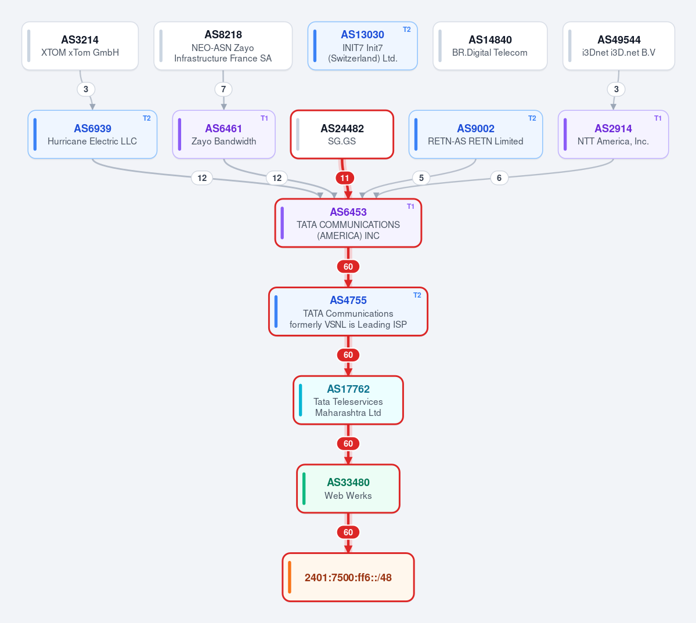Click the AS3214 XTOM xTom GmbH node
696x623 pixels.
click(80, 46)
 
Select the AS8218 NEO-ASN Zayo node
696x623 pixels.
click(223, 46)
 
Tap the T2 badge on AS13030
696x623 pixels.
click(406, 30)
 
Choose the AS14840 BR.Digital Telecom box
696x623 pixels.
click(490, 46)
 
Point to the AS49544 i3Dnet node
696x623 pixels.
click(619, 46)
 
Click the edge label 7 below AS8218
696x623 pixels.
click(223, 89)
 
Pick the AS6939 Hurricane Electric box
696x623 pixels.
click(92, 135)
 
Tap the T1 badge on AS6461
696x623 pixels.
click(264, 118)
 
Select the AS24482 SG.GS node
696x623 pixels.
click(342, 135)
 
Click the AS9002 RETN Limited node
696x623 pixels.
click(475, 135)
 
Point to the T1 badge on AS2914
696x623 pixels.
click(658, 118)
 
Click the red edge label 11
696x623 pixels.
click(345, 178)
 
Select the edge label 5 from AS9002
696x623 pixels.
click(421, 178)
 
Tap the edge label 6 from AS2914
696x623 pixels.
click(499, 178)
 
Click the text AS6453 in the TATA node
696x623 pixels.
click(348, 212)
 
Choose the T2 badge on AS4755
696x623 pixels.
click(417, 295)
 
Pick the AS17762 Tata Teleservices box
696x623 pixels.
click(348, 400)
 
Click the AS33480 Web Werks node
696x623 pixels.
click(348, 488)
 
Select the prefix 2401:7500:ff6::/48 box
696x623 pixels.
click(348, 577)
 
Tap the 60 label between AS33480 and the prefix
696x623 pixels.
click(348, 532)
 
